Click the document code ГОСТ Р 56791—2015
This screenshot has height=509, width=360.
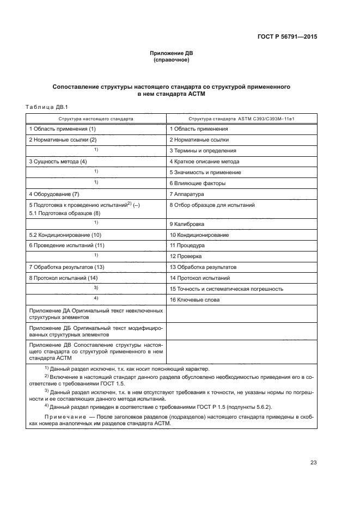click(287, 38)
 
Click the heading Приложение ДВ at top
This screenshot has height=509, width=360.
click(172, 53)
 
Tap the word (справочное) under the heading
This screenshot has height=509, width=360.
click(172, 60)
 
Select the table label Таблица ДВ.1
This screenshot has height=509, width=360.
click(46, 107)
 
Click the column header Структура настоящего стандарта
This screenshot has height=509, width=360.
click(96, 118)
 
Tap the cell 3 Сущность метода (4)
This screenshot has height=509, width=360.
click(58, 162)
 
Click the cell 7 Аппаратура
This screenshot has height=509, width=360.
click(186, 194)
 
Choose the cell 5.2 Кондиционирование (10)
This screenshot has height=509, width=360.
click(65, 235)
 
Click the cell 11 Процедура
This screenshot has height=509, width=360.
click(187, 246)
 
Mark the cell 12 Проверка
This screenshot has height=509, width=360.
click(186, 256)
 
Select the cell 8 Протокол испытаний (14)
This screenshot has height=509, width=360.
click(63, 278)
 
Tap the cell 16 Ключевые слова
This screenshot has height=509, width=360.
click(195, 299)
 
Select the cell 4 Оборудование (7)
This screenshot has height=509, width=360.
click(54, 194)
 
